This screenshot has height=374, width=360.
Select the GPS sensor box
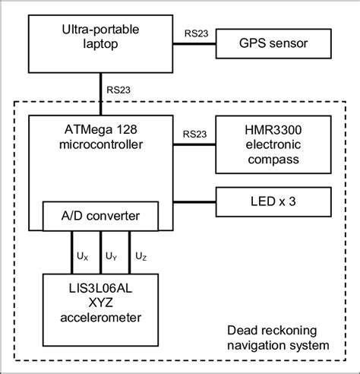[x=274, y=43]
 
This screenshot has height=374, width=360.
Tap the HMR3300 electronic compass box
[x=274, y=144]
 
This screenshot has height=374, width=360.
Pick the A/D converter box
[x=102, y=215]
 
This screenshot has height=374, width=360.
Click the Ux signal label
[x=82, y=257]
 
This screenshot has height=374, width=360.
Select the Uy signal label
[x=111, y=257]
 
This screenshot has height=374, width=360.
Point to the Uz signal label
[x=140, y=257]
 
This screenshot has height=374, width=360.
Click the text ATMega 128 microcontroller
[x=102, y=137]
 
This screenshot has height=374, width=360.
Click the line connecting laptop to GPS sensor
[x=197, y=45]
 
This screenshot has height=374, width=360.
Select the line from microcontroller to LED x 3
[x=197, y=201]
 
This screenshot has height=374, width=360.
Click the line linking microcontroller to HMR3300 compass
[x=197, y=144]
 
